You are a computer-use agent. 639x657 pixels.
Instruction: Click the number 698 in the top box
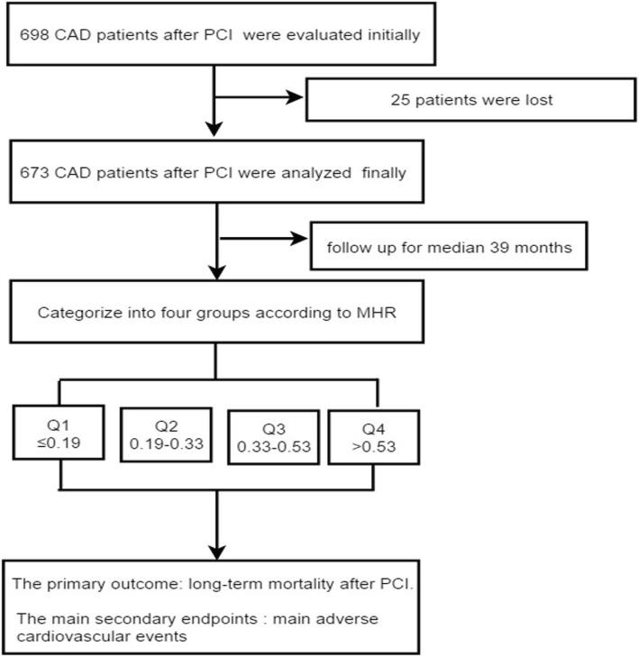(x=31, y=35)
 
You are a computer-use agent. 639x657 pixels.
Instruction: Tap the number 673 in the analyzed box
(x=31, y=173)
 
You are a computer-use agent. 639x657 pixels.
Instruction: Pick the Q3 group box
(x=273, y=438)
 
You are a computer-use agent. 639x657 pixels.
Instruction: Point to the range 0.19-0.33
(x=166, y=444)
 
